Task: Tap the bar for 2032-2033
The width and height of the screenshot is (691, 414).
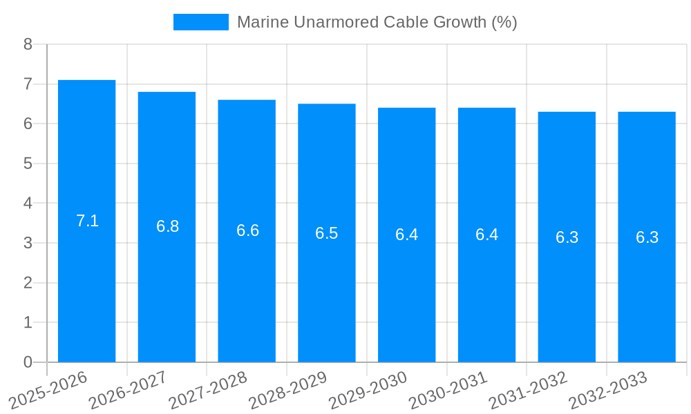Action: pos(647,290)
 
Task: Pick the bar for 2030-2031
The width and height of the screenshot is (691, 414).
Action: pos(486,290)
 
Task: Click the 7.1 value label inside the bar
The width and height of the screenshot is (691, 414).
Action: pos(87,221)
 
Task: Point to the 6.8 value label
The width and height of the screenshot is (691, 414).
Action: pos(167,226)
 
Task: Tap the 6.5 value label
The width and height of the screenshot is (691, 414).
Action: pos(327,233)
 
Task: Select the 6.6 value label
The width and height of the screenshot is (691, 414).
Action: pos(247,230)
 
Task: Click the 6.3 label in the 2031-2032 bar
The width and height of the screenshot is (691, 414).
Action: pos(567,237)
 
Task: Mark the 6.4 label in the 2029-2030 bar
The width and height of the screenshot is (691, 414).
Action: pos(406,235)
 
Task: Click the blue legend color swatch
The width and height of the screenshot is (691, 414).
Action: pos(200,22)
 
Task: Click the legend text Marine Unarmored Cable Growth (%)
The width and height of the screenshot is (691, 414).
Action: pos(377,22)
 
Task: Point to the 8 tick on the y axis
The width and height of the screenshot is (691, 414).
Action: pos(28,44)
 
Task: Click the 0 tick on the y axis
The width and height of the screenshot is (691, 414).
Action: pos(28,362)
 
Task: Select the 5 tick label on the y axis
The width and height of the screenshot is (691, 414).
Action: pos(28,164)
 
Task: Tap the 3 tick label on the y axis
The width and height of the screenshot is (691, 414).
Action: pos(28,243)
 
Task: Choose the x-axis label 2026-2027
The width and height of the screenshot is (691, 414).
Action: pos(129,390)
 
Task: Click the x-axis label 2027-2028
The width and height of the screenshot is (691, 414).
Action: pos(209,390)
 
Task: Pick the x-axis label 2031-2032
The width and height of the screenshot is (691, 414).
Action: pos(529,390)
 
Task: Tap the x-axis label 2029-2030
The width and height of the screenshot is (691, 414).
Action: pos(368,390)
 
